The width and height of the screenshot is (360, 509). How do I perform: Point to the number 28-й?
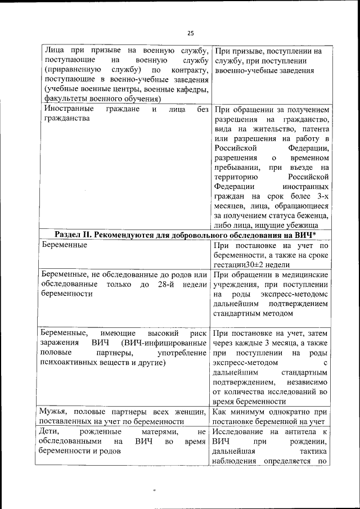(163, 283)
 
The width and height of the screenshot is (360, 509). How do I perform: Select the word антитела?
(301, 431)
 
